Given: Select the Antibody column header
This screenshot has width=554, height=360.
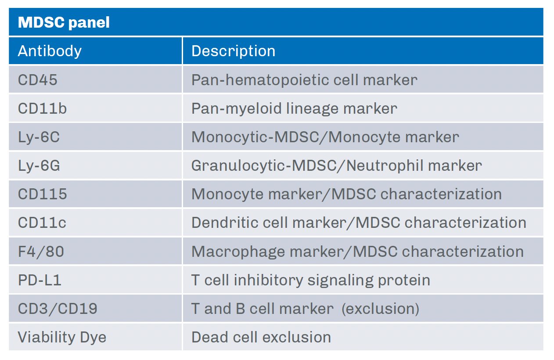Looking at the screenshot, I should (50, 51).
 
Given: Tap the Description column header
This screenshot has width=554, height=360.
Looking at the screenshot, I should (233, 51).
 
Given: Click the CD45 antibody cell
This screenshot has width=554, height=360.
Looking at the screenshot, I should (38, 80).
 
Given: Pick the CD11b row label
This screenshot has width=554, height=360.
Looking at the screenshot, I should (42, 108).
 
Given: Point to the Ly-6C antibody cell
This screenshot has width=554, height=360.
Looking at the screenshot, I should (39, 137).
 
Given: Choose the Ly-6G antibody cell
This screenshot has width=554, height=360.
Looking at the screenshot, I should (39, 166).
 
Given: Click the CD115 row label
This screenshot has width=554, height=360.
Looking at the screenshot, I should (42, 194).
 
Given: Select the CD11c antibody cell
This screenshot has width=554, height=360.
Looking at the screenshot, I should (42, 223).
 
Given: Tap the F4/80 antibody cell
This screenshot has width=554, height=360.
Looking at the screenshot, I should (41, 252).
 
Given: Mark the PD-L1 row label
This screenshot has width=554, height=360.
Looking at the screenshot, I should (40, 280).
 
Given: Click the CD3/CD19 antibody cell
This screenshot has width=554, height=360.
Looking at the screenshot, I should (58, 309).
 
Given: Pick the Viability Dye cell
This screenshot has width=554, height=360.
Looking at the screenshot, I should (62, 337).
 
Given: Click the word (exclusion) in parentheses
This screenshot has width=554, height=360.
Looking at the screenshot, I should (380, 309).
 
